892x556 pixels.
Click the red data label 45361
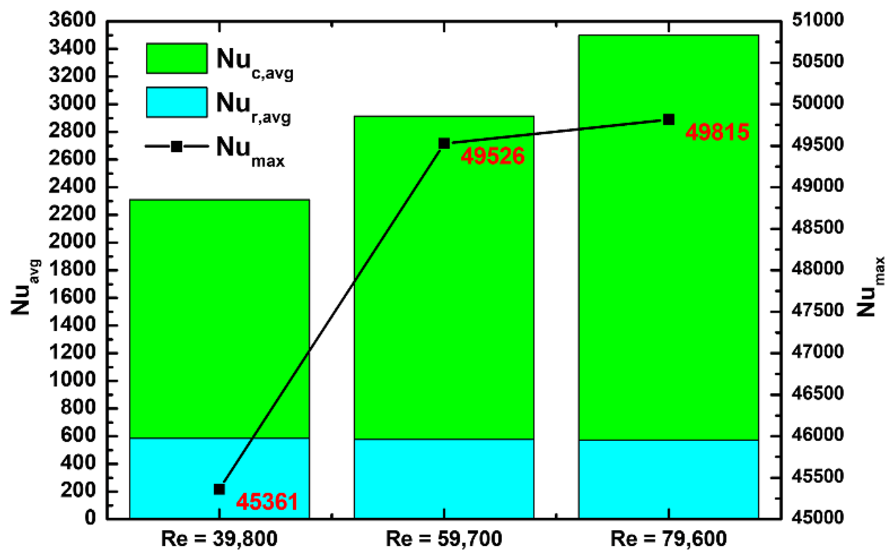267,502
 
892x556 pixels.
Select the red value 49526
493,156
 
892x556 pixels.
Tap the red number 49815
717,132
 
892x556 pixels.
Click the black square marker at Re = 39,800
219,489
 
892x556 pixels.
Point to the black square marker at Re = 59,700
444,143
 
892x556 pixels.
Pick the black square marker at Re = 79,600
669,120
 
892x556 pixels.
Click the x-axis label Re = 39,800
219,539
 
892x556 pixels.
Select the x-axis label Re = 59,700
444,539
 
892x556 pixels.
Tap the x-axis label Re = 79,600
668,539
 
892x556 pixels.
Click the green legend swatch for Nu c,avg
177,58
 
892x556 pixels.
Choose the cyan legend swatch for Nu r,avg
177,102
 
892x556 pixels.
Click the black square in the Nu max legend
177,146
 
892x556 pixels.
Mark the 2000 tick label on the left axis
72,242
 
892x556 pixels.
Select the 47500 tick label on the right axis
817,310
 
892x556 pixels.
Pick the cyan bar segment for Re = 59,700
444,479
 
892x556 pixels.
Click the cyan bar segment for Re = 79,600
668,479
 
